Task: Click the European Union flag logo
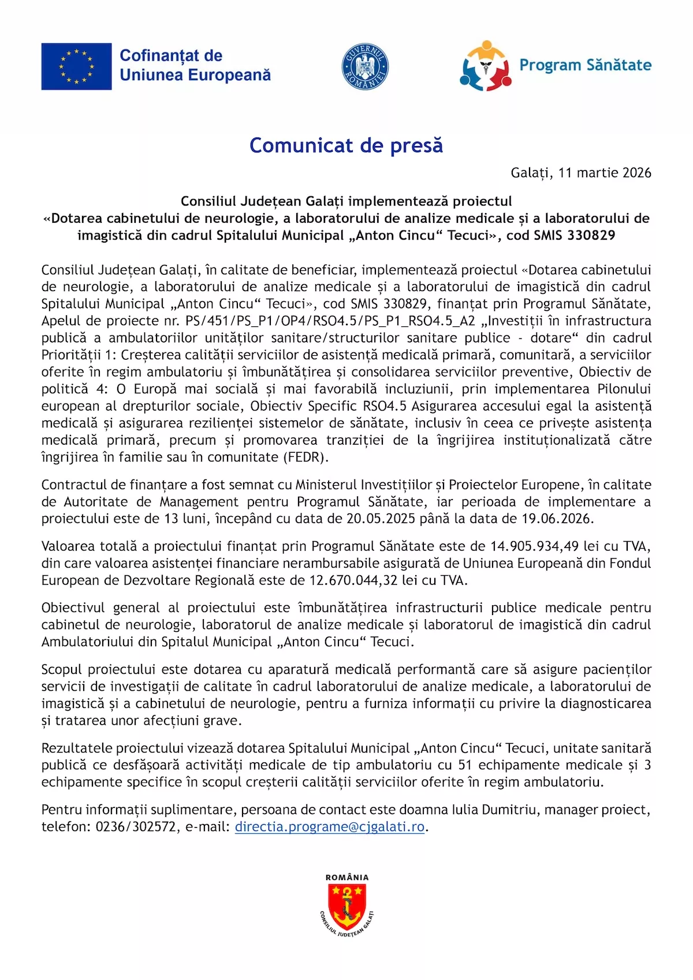pyautogui.click(x=76, y=66)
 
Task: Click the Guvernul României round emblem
pyautogui.click(x=365, y=66)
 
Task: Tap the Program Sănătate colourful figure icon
pyautogui.click(x=485, y=66)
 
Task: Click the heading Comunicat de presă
pyautogui.click(x=346, y=146)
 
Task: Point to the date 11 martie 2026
pyautogui.click(x=605, y=173)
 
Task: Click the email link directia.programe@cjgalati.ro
pyautogui.click(x=330, y=827)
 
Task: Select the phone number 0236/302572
pyautogui.click(x=136, y=827)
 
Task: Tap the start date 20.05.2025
pyautogui.click(x=381, y=519)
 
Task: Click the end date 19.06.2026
pyautogui.click(x=557, y=519)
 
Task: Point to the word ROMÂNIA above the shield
pyautogui.click(x=346, y=877)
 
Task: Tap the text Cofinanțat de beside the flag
pyautogui.click(x=171, y=56)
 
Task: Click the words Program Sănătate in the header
pyautogui.click(x=585, y=65)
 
